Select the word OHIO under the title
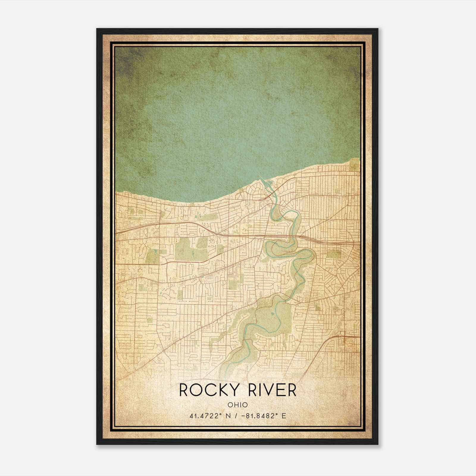click(x=238, y=405)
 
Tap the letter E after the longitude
click(x=284, y=416)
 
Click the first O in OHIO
click(x=230, y=405)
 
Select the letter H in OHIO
click(x=236, y=405)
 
